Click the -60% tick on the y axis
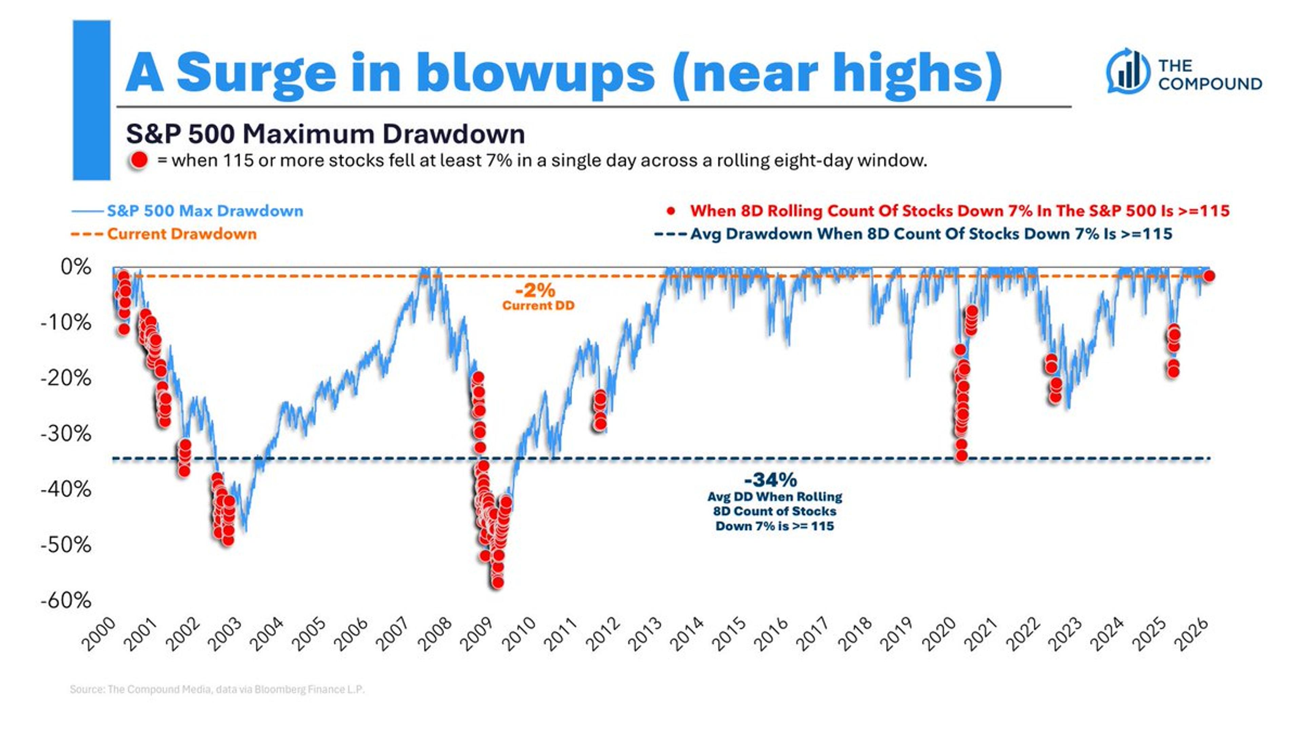pyautogui.click(x=66, y=600)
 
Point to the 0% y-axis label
pyautogui.click(x=76, y=267)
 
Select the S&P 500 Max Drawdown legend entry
pyautogui.click(x=205, y=211)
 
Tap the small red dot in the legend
pyautogui.click(x=671, y=211)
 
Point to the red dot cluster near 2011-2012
pyautogui.click(x=600, y=409)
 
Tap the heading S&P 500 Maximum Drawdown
pyautogui.click(x=325, y=134)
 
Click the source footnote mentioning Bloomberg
pyautogui.click(x=217, y=689)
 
